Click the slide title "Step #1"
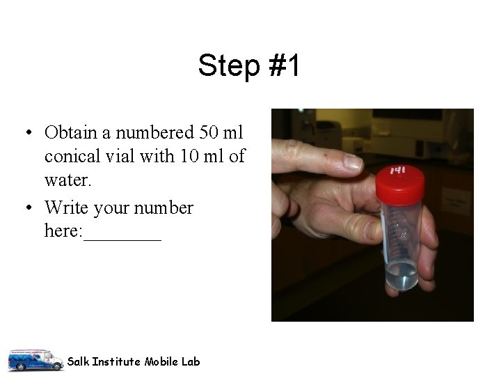point(249,66)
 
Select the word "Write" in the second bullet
point(67,207)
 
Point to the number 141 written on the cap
point(398,171)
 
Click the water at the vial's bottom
point(402,275)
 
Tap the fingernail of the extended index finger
point(353,162)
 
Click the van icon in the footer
point(35,359)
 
